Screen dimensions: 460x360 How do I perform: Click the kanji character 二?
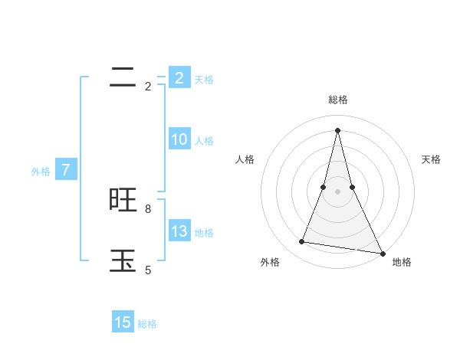pos(123,77)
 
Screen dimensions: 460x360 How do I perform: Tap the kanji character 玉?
pos(123,260)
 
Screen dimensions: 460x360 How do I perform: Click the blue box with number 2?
pos(179,77)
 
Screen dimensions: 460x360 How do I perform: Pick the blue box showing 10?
pos(179,139)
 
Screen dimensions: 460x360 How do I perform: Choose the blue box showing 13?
pos(179,231)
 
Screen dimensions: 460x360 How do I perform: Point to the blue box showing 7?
pos(65,170)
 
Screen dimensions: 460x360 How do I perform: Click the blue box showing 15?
pos(123,322)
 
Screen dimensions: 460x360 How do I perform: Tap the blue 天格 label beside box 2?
pos(204,79)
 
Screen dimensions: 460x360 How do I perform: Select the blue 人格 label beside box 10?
pos(204,141)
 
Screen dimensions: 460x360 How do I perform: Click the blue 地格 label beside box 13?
pos(204,233)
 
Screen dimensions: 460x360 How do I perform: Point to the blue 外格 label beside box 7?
pos(41,172)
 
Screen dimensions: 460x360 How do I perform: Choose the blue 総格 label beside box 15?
pos(147,324)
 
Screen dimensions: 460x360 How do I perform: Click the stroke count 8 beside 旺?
pos(148,208)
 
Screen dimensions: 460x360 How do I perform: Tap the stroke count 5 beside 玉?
pos(148,270)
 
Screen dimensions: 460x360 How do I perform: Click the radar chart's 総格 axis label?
pos(338,100)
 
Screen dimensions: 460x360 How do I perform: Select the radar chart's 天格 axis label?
pos(431,159)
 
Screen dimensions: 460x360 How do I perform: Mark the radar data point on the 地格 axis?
pos(382,254)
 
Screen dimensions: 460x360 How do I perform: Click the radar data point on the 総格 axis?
pos(338,129)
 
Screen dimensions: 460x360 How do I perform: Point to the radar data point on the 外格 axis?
pos(302,242)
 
